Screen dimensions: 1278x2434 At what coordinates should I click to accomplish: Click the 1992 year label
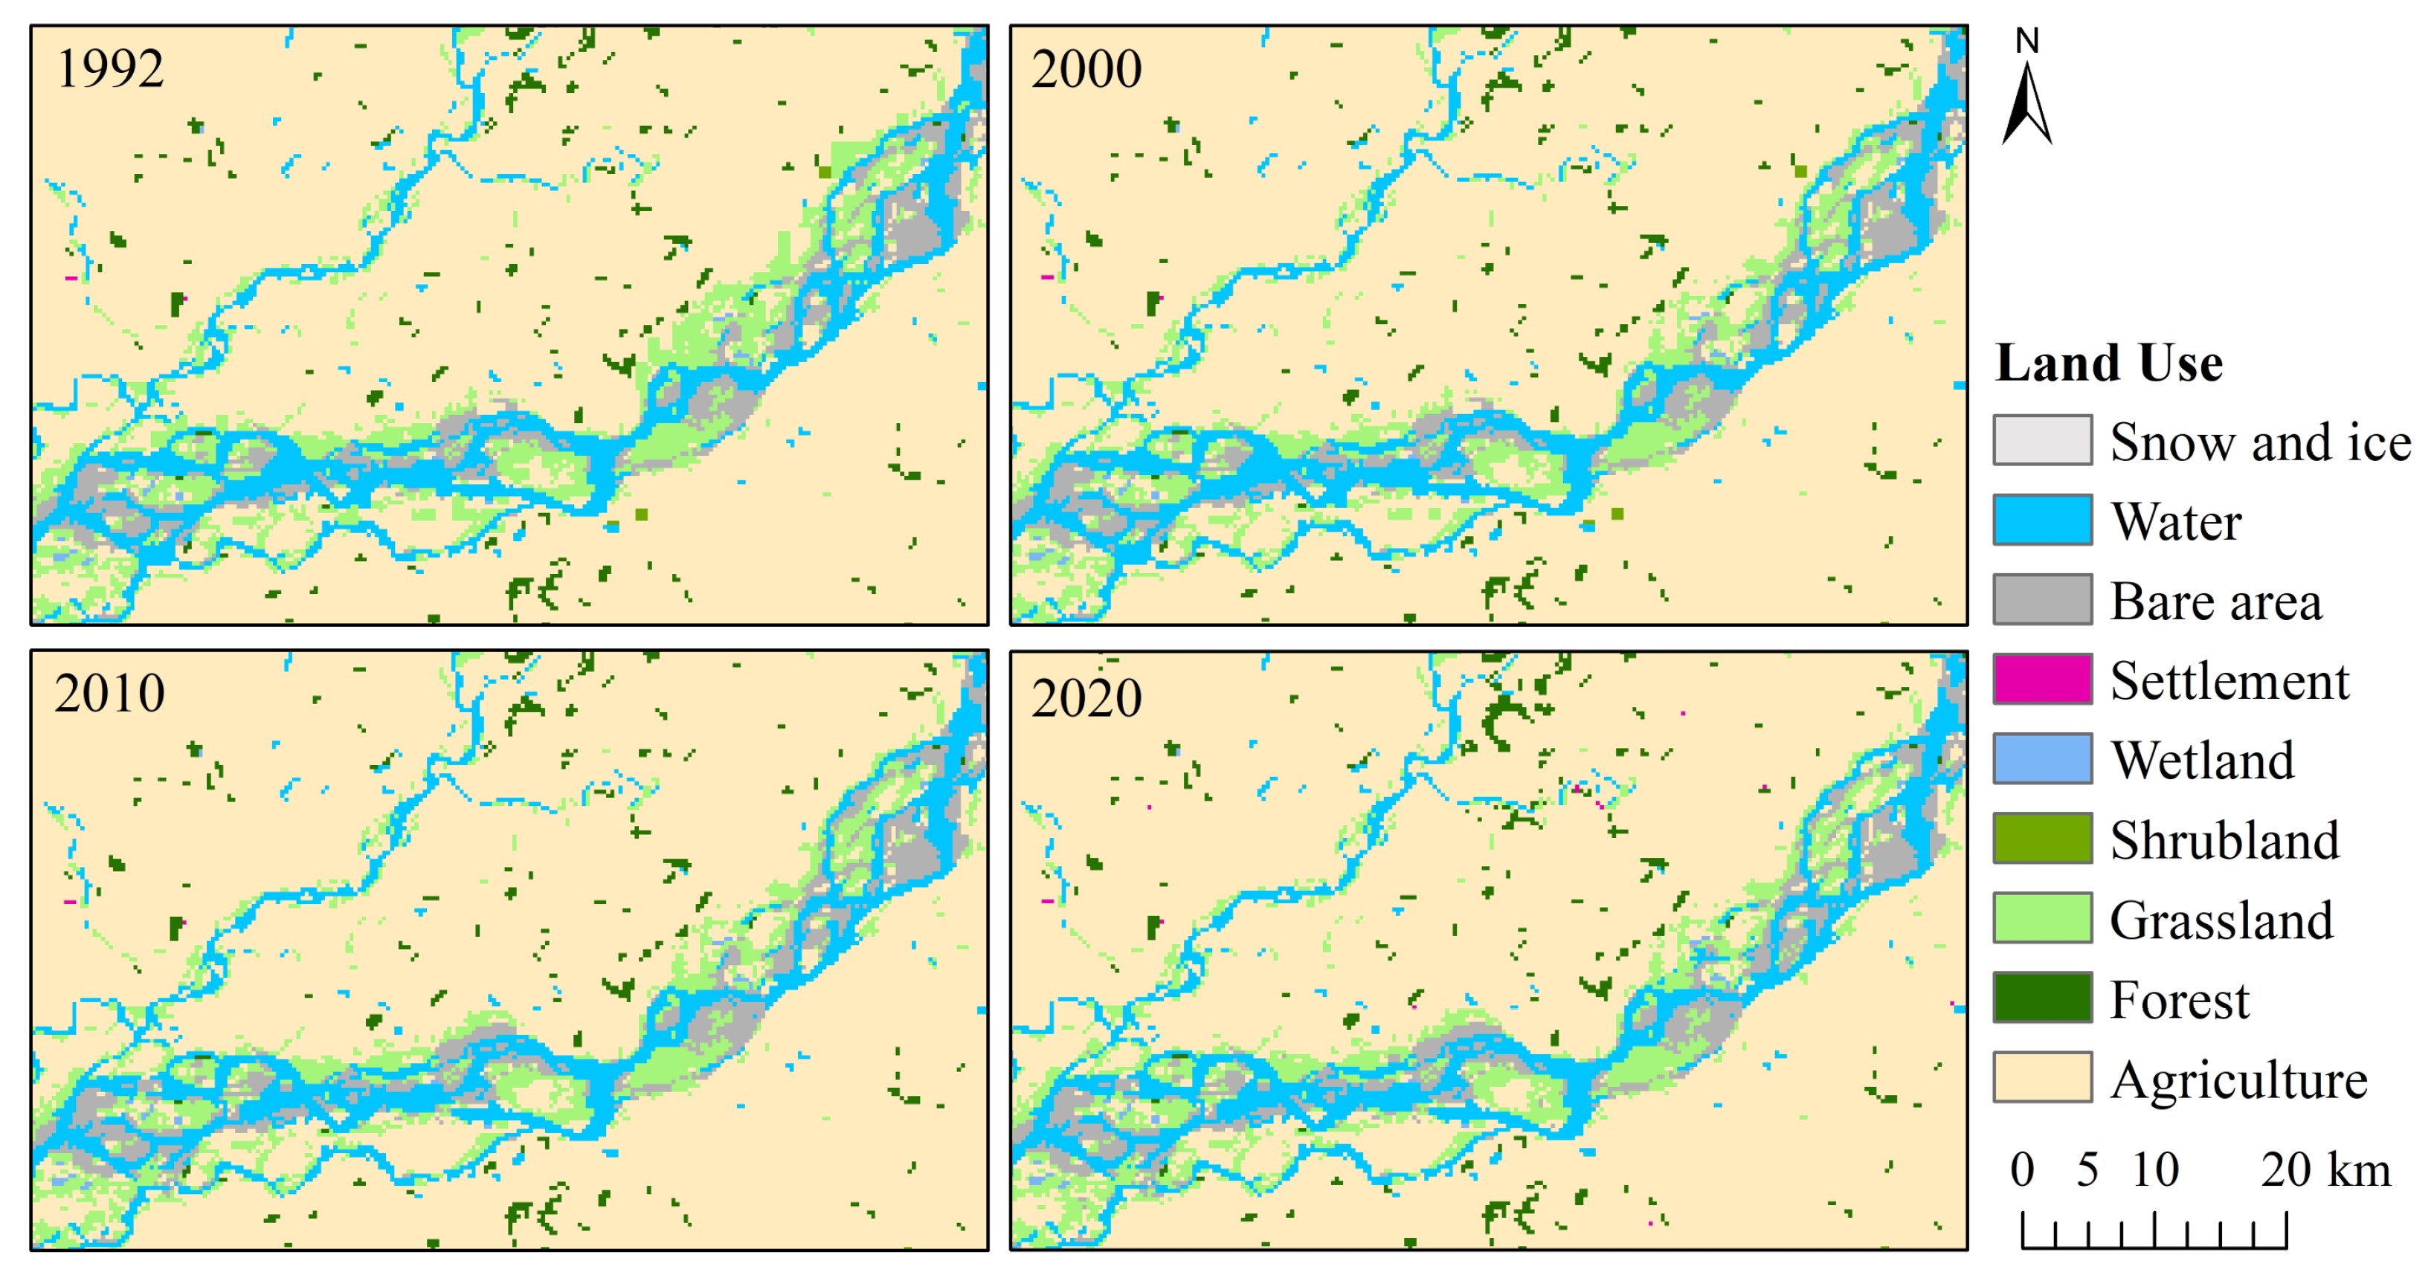click(x=111, y=69)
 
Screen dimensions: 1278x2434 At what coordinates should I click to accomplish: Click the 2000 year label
click(x=1086, y=69)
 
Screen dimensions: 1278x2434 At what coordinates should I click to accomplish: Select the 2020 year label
click(x=1086, y=698)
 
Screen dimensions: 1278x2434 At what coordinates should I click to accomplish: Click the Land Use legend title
click(x=2109, y=364)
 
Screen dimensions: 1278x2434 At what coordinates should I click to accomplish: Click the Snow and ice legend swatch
click(x=2042, y=440)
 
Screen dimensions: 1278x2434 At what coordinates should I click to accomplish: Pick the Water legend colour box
click(x=2042, y=520)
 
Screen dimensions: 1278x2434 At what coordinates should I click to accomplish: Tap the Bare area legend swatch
click(x=2042, y=600)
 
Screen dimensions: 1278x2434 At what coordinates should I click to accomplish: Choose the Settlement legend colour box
click(x=2042, y=679)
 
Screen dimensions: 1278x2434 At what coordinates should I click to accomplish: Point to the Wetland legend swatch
click(x=2042, y=758)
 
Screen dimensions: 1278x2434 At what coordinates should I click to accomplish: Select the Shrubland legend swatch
click(x=2042, y=839)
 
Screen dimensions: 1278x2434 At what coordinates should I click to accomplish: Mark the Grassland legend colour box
click(x=2042, y=918)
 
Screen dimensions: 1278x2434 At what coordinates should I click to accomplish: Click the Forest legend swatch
click(x=2042, y=998)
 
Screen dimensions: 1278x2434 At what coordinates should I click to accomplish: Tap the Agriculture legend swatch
click(x=2042, y=1078)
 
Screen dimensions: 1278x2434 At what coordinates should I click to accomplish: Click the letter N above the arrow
click(x=2026, y=41)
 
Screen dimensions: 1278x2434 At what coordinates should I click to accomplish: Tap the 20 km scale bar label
click(x=2325, y=1169)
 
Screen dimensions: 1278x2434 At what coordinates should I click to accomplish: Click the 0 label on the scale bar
click(x=2022, y=1169)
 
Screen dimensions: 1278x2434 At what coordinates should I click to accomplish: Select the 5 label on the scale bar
click(x=2087, y=1169)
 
